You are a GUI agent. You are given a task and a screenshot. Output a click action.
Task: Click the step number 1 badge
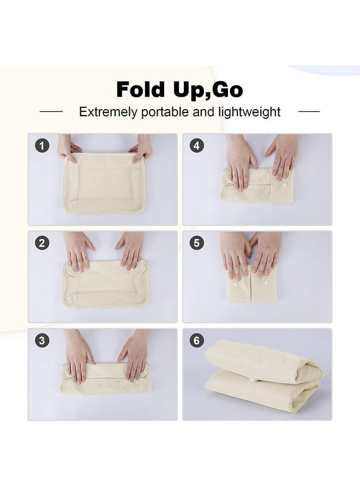click(x=42, y=146)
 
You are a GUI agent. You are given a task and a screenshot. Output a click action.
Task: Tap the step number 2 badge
click(x=42, y=243)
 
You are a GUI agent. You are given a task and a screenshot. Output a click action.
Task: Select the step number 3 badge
click(x=42, y=340)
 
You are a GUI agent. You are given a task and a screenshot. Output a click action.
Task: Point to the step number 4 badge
click(x=196, y=146)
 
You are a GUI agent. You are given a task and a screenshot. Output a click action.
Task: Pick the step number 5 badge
click(x=196, y=243)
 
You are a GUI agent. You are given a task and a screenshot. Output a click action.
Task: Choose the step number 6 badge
click(x=196, y=340)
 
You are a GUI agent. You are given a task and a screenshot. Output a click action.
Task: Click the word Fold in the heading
click(x=141, y=89)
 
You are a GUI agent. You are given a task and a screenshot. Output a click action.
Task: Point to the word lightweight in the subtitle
click(x=249, y=112)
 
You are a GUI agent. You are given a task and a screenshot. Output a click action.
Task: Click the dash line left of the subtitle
click(x=51, y=111)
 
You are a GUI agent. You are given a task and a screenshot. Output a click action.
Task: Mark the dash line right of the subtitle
click(x=309, y=111)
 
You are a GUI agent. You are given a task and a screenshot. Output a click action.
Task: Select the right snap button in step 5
click(x=266, y=283)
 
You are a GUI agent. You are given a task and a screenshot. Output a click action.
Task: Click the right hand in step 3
click(x=134, y=355)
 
